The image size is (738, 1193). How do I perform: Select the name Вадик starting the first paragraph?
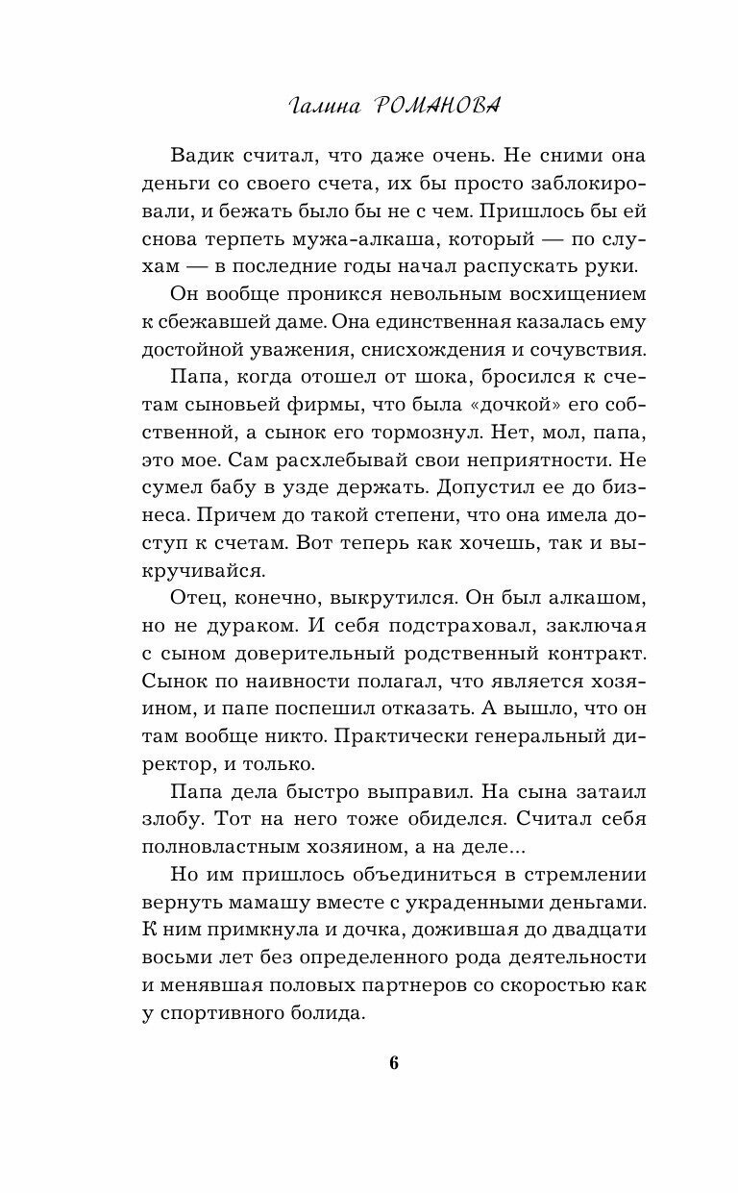(x=205, y=156)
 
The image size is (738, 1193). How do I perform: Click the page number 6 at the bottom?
(x=394, y=1062)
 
